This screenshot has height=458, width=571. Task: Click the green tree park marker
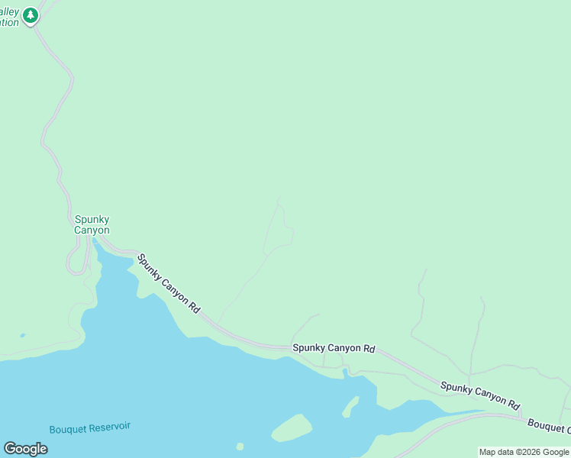tap(31, 15)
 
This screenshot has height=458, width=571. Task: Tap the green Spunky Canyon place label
tap(92, 225)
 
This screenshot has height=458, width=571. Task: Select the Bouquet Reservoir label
tap(90, 429)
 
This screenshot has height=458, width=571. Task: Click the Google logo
tap(25, 449)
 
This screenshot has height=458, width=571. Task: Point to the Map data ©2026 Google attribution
tap(524, 452)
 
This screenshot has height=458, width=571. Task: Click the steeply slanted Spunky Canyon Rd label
tap(169, 285)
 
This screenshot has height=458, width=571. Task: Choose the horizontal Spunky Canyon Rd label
tap(334, 348)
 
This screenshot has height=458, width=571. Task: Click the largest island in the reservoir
tap(292, 427)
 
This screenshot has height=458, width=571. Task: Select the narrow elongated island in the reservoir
tap(350, 406)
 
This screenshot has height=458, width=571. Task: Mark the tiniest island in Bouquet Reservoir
tap(240, 447)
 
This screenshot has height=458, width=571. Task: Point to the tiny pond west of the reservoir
tap(22, 335)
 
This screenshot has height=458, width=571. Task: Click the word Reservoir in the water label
tap(109, 428)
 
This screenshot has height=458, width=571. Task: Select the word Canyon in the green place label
tap(92, 230)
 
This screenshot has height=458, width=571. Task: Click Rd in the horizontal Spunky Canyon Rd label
tap(369, 349)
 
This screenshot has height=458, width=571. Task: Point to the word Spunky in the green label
tap(92, 220)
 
